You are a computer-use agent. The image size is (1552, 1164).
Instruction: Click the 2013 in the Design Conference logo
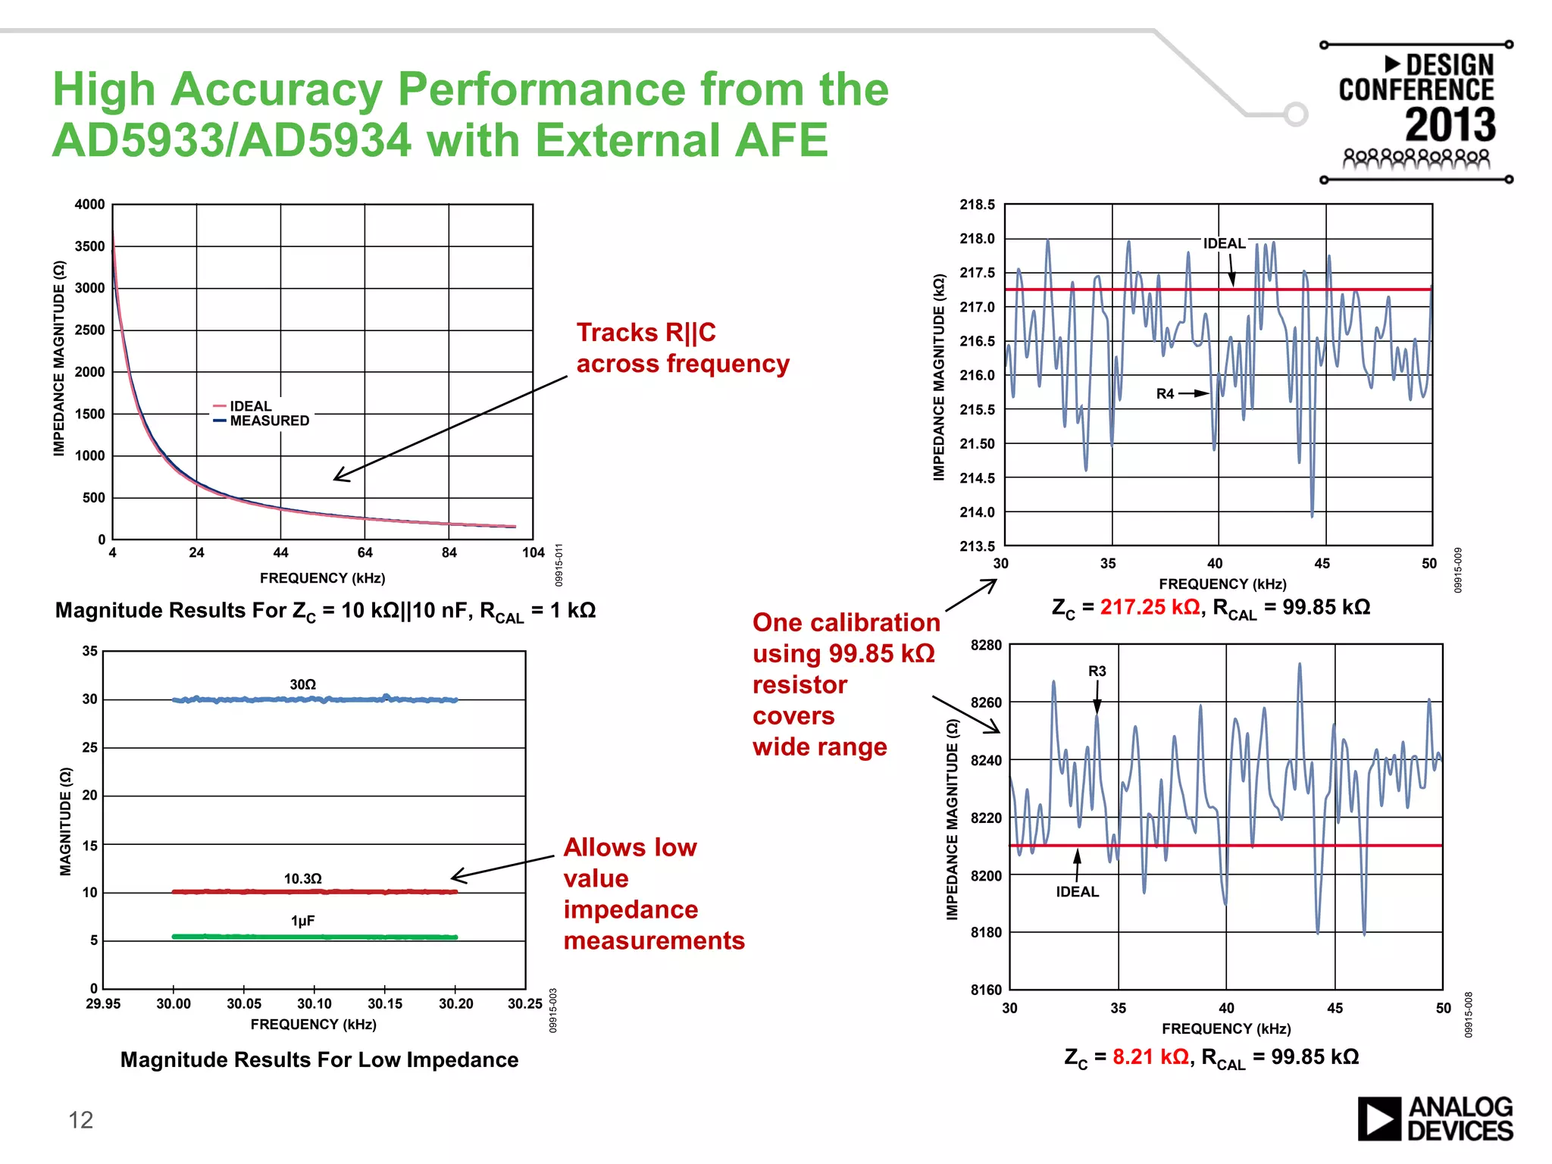(x=1450, y=125)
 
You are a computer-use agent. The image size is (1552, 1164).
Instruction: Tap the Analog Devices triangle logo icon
(x=1378, y=1119)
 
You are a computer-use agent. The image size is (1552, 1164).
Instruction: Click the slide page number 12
(x=80, y=1120)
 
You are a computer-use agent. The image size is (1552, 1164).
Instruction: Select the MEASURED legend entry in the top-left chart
(x=269, y=421)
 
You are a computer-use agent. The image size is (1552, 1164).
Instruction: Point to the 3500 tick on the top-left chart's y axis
(x=89, y=246)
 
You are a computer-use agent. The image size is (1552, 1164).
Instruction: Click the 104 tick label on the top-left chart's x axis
(x=533, y=552)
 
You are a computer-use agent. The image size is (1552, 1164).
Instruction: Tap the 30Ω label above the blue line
(x=302, y=684)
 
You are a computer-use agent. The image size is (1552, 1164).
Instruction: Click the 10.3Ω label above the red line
(x=302, y=878)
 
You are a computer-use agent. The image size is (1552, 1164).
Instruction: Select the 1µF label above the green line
(x=302, y=921)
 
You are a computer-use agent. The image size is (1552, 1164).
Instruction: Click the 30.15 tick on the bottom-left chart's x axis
(x=385, y=1003)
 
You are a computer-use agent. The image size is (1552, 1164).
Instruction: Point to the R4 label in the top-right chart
(x=1165, y=393)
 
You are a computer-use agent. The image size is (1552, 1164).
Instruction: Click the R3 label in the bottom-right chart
(x=1097, y=671)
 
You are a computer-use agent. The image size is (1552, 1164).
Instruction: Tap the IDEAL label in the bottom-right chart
(x=1077, y=892)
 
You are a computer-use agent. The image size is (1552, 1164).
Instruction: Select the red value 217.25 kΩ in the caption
(x=1150, y=607)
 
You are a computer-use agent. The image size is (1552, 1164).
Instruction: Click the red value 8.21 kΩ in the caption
(x=1150, y=1056)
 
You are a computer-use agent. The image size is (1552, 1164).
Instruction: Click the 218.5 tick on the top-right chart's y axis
(x=977, y=205)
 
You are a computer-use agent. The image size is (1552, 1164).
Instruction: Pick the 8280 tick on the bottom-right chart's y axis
(x=985, y=645)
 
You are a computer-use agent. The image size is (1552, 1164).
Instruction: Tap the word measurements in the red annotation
(x=654, y=940)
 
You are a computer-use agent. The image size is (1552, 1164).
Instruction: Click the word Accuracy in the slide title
(x=277, y=89)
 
